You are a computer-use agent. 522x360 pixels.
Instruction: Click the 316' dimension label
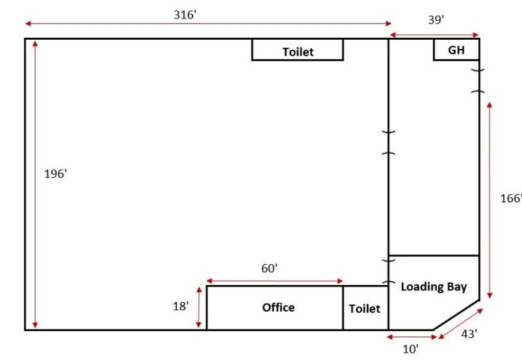click(185, 14)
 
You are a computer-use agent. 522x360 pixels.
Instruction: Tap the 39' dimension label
click(436, 20)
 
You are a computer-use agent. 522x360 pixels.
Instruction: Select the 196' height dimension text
click(55, 173)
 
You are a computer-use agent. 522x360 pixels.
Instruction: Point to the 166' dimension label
click(511, 198)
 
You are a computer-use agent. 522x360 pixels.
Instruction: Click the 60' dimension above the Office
click(269, 268)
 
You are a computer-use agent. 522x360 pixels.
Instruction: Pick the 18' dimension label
click(181, 306)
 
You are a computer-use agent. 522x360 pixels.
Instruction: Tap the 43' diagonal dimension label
click(469, 333)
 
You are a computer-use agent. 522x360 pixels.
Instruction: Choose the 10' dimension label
click(410, 349)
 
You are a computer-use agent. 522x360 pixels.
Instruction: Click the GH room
click(456, 50)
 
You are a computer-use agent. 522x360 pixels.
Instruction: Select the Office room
click(275, 308)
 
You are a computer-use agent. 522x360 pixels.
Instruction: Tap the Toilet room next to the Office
click(365, 308)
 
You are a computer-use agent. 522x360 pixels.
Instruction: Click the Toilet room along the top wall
click(298, 50)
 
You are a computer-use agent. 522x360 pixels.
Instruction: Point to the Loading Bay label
click(433, 287)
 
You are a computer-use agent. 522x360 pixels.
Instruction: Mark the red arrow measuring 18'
click(199, 307)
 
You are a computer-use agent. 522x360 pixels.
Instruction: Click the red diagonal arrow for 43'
click(461, 323)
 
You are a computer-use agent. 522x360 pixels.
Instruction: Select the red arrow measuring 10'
click(412, 337)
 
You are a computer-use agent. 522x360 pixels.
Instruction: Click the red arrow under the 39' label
click(434, 35)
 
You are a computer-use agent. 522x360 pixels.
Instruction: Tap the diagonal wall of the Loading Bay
click(456, 315)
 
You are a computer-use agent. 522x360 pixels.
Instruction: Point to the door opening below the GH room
click(478, 80)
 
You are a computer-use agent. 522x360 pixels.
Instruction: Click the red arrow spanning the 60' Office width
click(275, 281)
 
